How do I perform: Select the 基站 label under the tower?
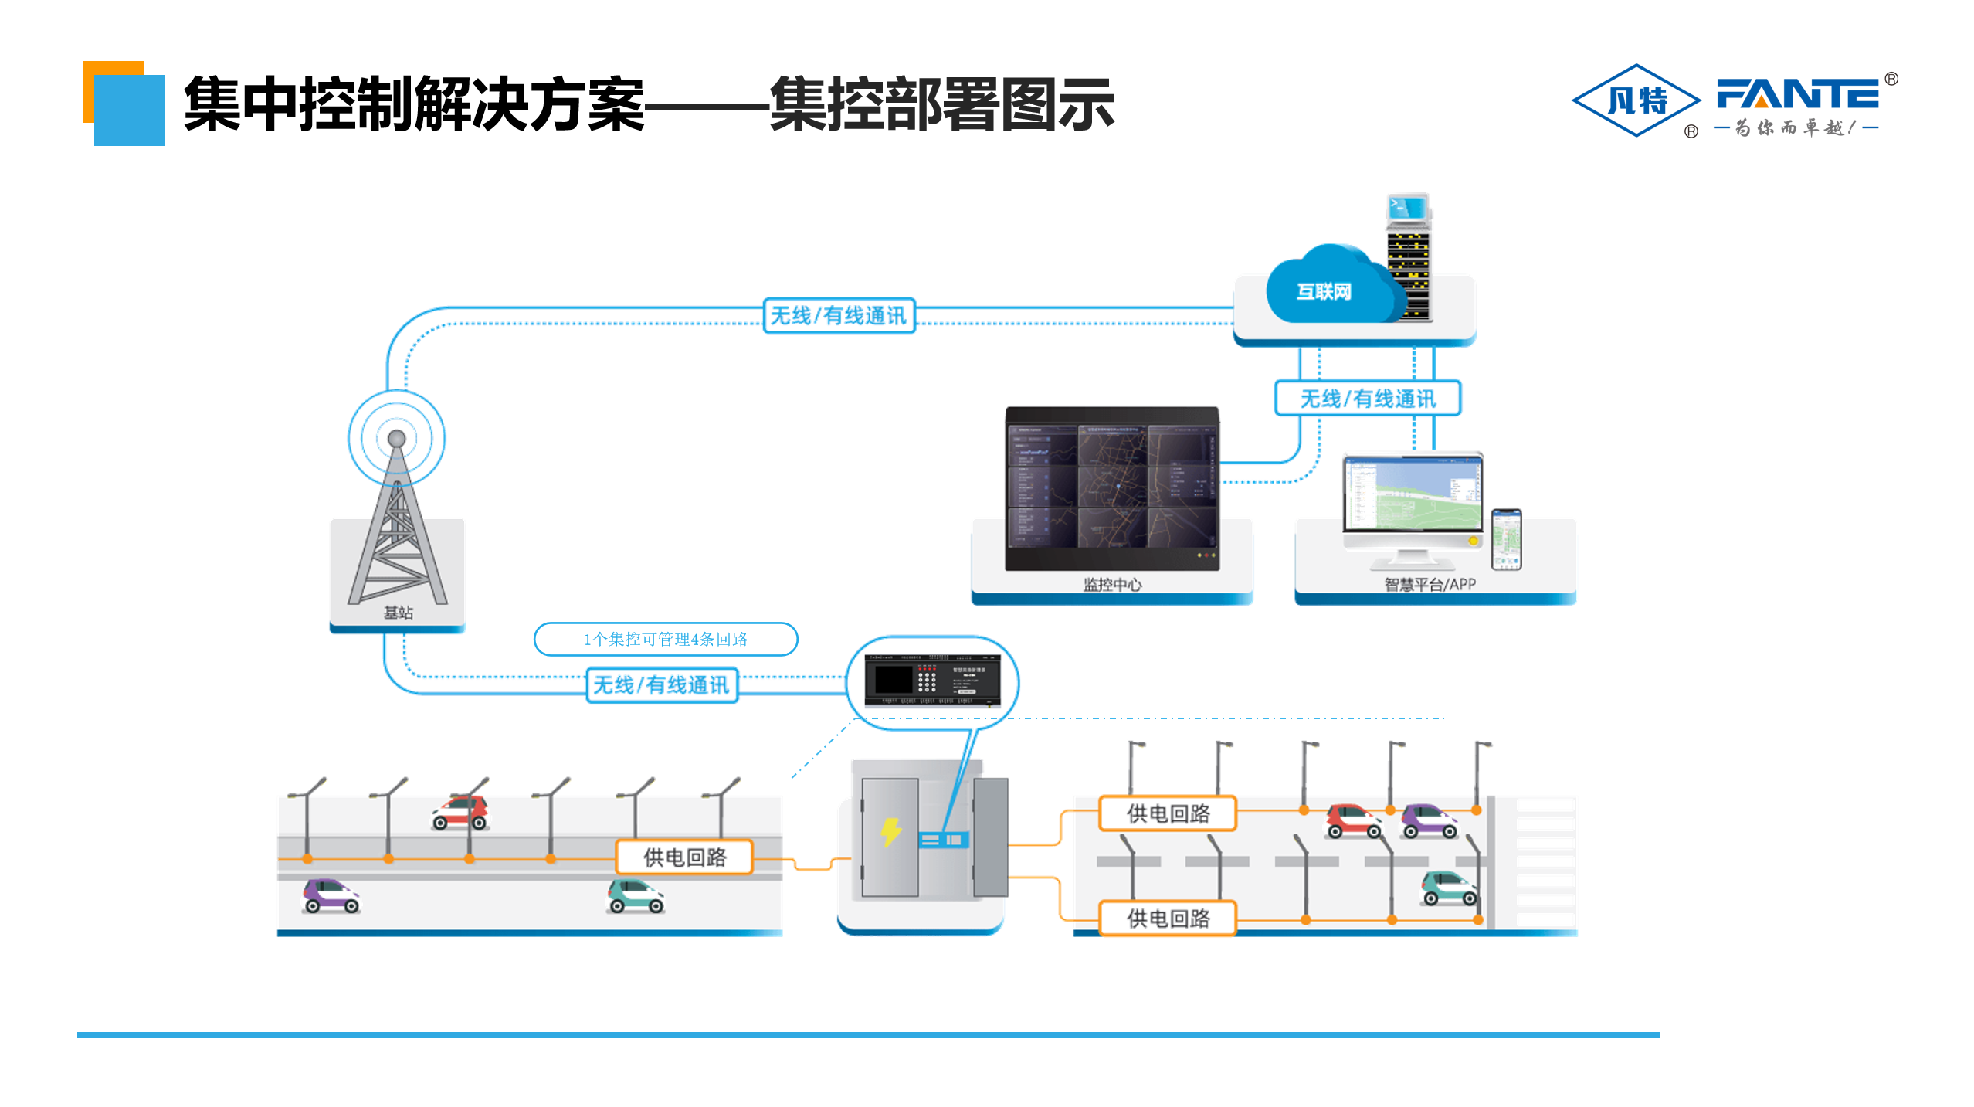398,613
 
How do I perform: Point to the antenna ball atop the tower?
396,438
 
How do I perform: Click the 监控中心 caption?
1111,585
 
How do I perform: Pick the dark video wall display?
1111,488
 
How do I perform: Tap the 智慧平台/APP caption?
1429,585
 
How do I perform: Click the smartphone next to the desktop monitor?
1505,539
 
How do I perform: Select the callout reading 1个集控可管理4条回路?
665,639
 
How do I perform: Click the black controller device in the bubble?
932,681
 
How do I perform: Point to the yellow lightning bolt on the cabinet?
890,832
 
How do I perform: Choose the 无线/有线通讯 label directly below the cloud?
1367,399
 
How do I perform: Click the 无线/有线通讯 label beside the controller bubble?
661,685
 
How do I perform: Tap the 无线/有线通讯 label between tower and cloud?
839,316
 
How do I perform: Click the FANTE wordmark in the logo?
1796,95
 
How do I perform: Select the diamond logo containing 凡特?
1636,100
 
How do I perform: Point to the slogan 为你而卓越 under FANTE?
1795,127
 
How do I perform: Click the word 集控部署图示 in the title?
941,104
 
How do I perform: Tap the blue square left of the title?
129,110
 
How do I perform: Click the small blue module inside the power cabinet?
943,840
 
